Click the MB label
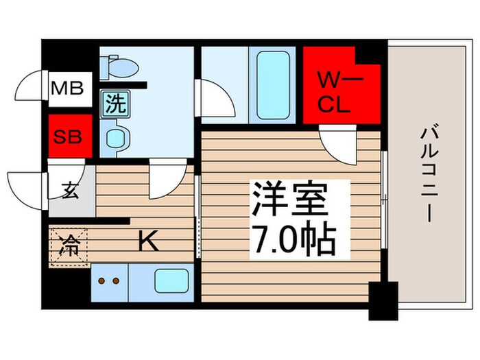tap(67, 88)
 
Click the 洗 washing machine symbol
tap(115, 104)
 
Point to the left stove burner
tap(103, 281)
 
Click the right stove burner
tap(117, 281)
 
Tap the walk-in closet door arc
tap(337, 145)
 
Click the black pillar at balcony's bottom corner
tap(383, 300)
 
